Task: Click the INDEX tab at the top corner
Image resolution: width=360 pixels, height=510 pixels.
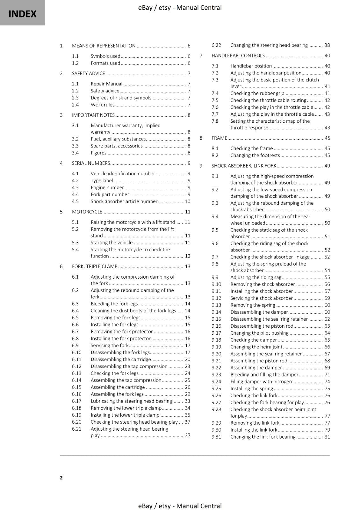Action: (22, 13)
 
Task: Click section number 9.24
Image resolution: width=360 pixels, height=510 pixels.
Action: (216, 382)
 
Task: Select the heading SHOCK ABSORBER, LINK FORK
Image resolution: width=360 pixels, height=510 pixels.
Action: (244, 166)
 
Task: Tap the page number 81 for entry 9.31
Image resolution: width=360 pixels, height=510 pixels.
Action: (327, 437)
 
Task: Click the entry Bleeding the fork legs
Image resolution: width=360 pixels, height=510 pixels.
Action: (114, 304)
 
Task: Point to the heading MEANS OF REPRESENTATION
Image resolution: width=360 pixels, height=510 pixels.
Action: (104, 46)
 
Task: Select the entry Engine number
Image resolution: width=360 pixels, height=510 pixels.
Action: (107, 187)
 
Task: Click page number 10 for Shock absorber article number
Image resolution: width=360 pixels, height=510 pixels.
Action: (187, 201)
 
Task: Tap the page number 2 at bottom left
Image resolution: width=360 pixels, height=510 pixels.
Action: (61, 477)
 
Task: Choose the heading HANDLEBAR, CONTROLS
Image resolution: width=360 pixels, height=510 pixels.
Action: (238, 56)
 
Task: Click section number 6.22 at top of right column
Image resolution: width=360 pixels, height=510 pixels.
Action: (216, 45)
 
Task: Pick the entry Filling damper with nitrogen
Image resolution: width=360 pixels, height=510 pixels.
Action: (261, 382)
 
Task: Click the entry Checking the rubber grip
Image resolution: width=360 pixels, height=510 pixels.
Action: (257, 93)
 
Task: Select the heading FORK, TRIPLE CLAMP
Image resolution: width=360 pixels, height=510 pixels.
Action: (95, 266)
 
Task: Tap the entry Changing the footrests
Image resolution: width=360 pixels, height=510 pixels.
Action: (255, 156)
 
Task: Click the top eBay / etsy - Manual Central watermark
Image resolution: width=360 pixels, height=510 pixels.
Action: (180, 8)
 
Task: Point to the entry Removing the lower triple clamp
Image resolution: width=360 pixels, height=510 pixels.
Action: (126, 408)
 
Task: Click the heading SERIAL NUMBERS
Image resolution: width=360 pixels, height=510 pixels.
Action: (91, 163)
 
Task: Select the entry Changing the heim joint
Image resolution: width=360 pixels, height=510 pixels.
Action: (256, 347)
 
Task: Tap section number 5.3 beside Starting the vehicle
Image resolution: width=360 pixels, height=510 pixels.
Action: (75, 243)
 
